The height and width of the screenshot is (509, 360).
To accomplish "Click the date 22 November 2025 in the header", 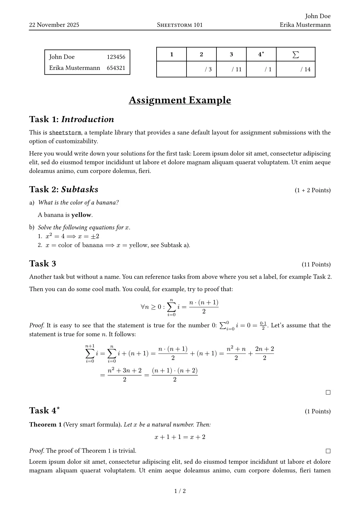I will pyautogui.click(x=54, y=25).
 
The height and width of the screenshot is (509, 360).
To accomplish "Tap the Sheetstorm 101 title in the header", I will pyautogui.click(x=180, y=25).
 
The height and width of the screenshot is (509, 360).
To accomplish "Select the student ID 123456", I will pyautogui.click(x=116, y=57).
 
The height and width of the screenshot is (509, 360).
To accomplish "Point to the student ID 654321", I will pyautogui.click(x=116, y=68).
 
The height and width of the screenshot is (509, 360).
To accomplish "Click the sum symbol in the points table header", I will pyautogui.click(x=296, y=54).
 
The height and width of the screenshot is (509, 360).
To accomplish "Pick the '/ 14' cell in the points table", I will pyautogui.click(x=305, y=70).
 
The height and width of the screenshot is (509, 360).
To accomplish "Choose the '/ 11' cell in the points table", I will pyautogui.click(x=236, y=70).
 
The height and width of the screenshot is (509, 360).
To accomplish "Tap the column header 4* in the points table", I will pyautogui.click(x=261, y=54).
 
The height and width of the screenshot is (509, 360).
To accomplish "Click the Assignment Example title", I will pyautogui.click(x=180, y=100).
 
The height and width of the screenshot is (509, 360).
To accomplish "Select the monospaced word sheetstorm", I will pyautogui.click(x=65, y=133).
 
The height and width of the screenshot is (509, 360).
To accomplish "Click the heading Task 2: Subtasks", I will pyautogui.click(x=64, y=190).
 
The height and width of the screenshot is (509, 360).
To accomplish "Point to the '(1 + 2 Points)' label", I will pyautogui.click(x=313, y=190).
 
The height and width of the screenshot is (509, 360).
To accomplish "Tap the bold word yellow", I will pyautogui.click(x=81, y=215).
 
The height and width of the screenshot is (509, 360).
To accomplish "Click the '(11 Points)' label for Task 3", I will pyautogui.click(x=316, y=264).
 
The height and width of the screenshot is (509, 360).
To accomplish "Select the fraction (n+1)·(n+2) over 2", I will pyautogui.click(x=175, y=375).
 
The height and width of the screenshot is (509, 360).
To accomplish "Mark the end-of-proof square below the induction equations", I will pyautogui.click(x=328, y=393).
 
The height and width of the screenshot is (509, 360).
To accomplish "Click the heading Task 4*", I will pyautogui.click(x=44, y=410).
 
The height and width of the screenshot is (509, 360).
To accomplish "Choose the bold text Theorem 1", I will pyautogui.click(x=45, y=425).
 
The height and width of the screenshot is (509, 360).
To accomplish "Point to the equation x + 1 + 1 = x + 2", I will pyautogui.click(x=180, y=437).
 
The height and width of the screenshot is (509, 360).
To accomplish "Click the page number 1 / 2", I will pyautogui.click(x=180, y=491).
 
